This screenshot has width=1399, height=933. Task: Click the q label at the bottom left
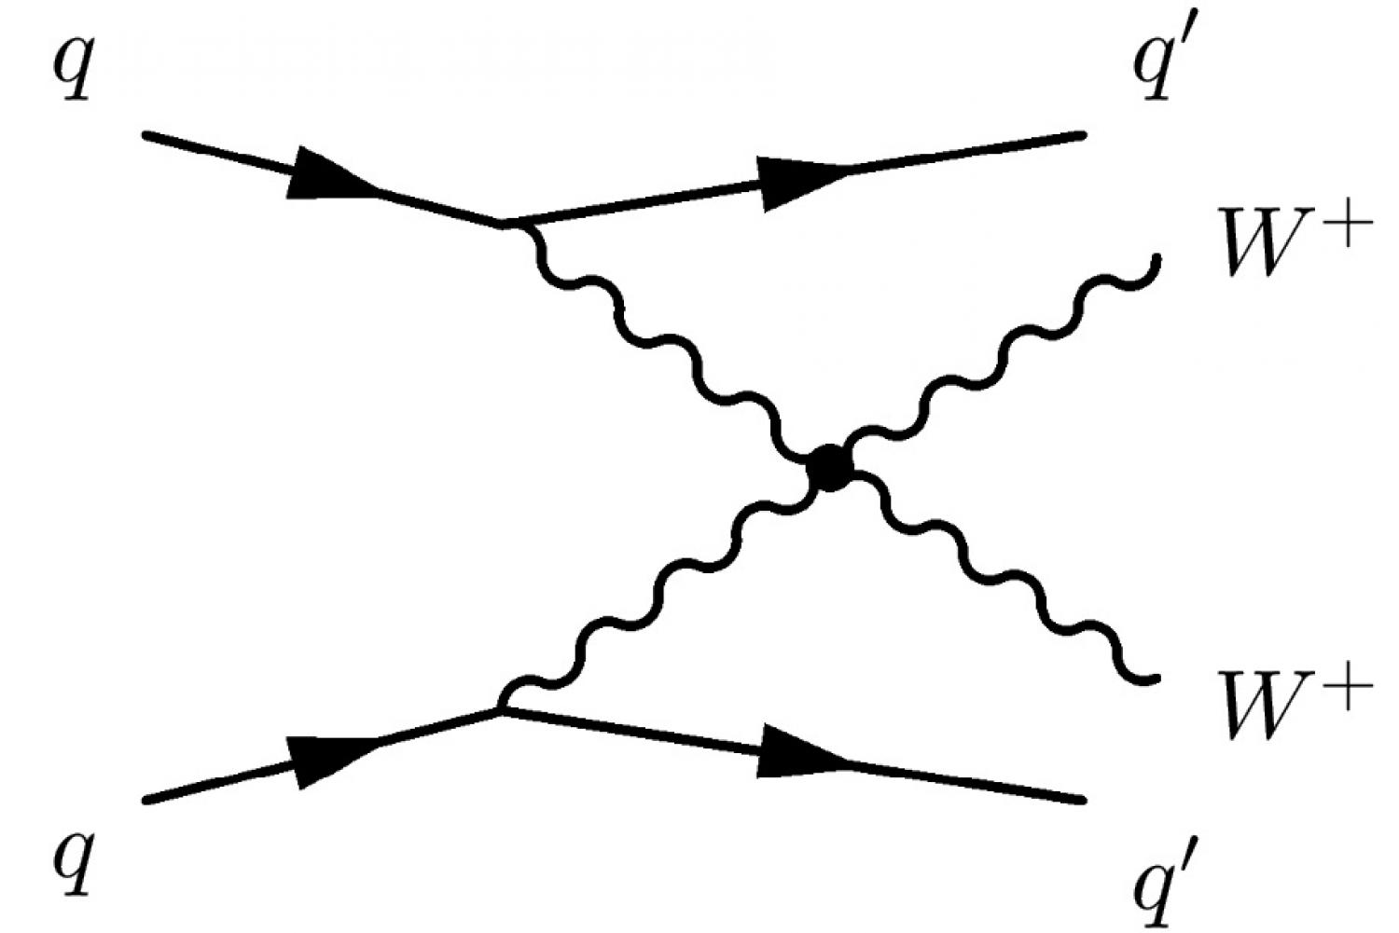click(74, 862)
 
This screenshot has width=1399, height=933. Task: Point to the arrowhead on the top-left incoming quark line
click(331, 176)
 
